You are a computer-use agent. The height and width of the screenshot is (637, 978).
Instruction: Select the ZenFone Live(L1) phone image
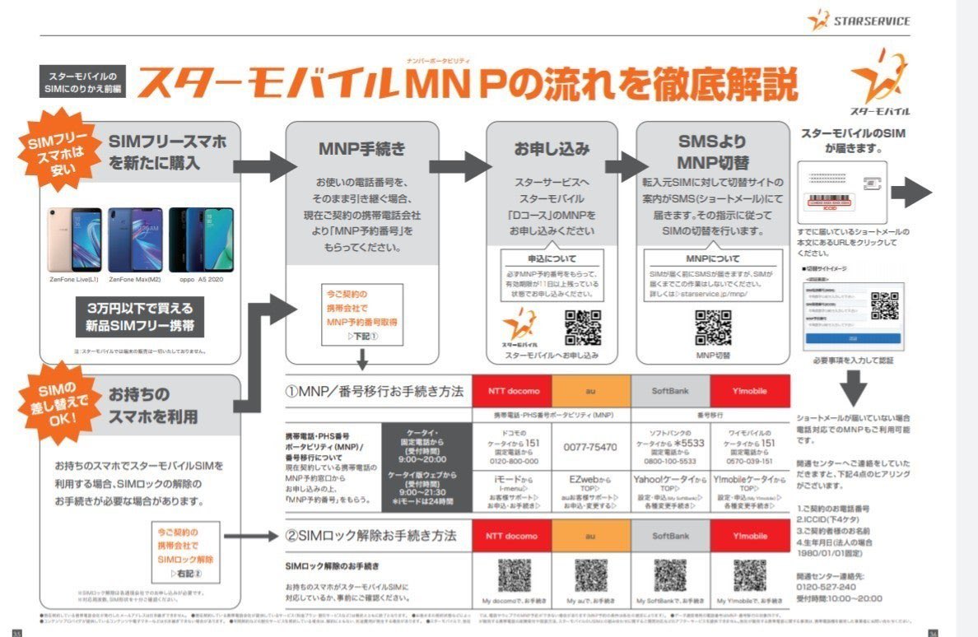pos(74,239)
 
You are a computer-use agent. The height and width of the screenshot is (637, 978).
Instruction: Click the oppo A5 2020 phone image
pos(195,239)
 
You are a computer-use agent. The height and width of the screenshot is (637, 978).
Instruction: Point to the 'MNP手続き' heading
pos(361,149)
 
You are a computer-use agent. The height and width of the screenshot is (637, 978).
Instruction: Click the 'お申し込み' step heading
pos(552,149)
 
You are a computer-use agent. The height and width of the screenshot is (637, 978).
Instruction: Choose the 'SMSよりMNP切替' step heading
pos(713,151)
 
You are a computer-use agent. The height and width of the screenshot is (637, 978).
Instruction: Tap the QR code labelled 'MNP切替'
pos(713,328)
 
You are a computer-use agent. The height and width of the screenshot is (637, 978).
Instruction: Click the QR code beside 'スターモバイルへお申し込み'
pos(583,328)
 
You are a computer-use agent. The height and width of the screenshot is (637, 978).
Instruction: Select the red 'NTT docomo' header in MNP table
pos(511,391)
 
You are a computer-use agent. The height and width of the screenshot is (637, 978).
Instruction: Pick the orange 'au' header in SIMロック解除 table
pos(590,536)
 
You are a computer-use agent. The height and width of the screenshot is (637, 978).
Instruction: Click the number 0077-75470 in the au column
pos(590,447)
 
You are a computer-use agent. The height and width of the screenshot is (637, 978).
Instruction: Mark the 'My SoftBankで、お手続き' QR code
pos(670,575)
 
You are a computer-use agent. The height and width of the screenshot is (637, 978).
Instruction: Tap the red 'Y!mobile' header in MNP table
pos(749,391)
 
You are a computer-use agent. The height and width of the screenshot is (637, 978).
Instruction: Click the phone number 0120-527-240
pos(827,587)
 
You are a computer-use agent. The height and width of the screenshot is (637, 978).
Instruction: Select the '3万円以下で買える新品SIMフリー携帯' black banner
pos(140,317)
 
